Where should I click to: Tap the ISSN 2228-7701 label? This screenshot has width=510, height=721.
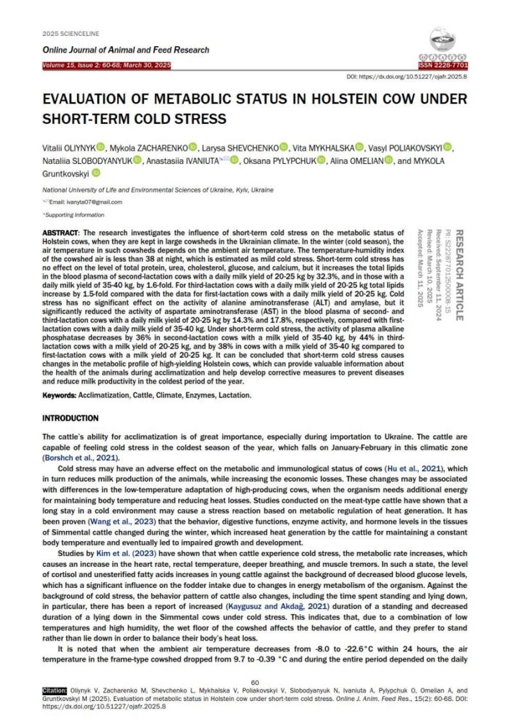(x=443, y=66)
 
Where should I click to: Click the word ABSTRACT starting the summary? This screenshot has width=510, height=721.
(x=61, y=231)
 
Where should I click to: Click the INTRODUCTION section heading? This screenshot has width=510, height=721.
(x=70, y=418)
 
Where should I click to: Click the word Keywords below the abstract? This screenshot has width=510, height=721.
(x=62, y=395)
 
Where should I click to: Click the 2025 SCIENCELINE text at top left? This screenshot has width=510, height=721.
(x=69, y=33)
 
